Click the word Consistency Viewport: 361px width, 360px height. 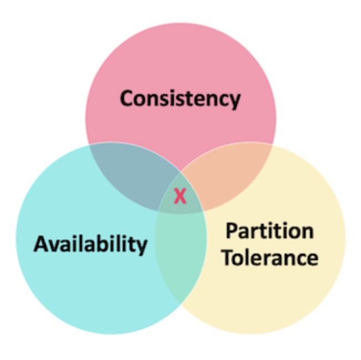pos(180,99)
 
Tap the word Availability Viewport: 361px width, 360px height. pos(90,244)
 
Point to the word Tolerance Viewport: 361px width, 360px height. pos(270,258)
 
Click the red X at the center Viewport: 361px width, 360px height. pos(179,196)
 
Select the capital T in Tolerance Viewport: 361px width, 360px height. pos(228,258)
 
